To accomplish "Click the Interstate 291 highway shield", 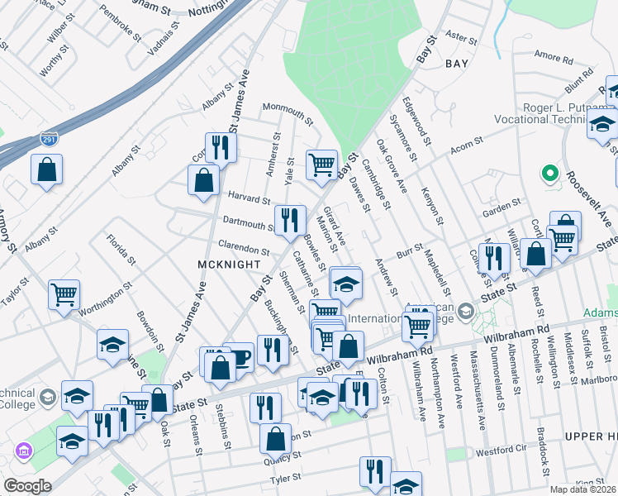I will [x=49, y=140].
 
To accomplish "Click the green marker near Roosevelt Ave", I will [x=547, y=174].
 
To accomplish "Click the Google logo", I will [x=27, y=486].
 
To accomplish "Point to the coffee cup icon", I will [x=238, y=357].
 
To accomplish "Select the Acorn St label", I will [x=466, y=147].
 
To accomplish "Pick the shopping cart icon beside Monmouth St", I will [x=321, y=164].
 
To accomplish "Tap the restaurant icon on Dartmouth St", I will [x=289, y=220].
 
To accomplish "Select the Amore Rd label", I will [x=548, y=55].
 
